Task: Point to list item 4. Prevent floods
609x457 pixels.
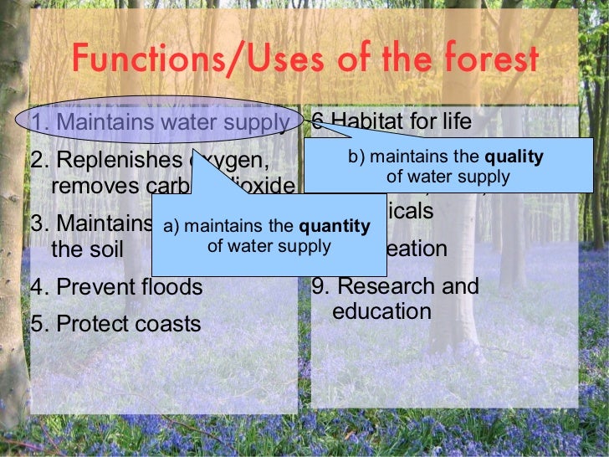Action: [116, 287]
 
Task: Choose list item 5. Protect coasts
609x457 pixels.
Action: [115, 324]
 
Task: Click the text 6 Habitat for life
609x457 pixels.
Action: [391, 123]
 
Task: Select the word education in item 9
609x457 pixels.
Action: [381, 311]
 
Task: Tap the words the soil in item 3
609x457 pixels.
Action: [87, 249]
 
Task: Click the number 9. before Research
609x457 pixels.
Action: [321, 286]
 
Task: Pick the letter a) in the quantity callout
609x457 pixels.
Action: [171, 226]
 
